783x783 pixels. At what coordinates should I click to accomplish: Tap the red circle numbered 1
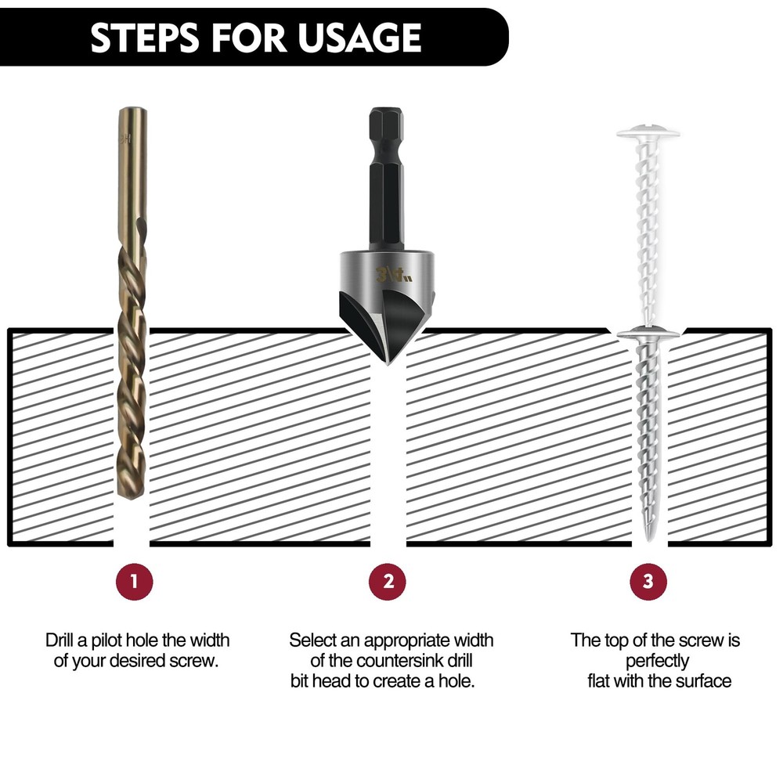132,581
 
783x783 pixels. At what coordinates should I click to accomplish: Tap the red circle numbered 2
388,581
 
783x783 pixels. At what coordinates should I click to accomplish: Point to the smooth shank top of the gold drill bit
132,157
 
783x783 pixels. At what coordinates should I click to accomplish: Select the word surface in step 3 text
702,680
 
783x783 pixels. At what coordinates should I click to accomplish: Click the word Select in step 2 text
312,640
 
